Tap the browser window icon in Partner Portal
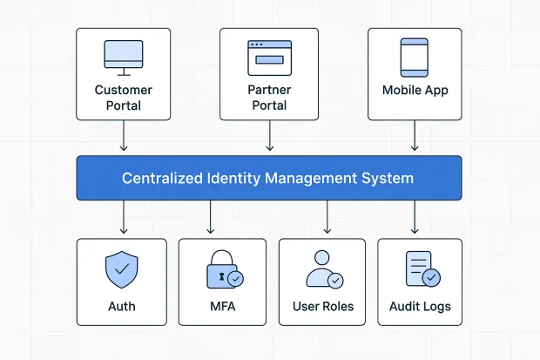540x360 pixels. coord(269,56)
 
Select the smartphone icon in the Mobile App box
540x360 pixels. coord(414,57)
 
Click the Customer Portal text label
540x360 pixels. coord(123,98)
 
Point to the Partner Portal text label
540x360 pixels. coord(269,98)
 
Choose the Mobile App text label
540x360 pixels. coord(414,91)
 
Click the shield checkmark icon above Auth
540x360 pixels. coord(123,270)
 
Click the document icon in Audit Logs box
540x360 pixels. coord(420,270)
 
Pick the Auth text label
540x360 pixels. coord(123,307)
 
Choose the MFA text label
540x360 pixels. coord(221,307)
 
